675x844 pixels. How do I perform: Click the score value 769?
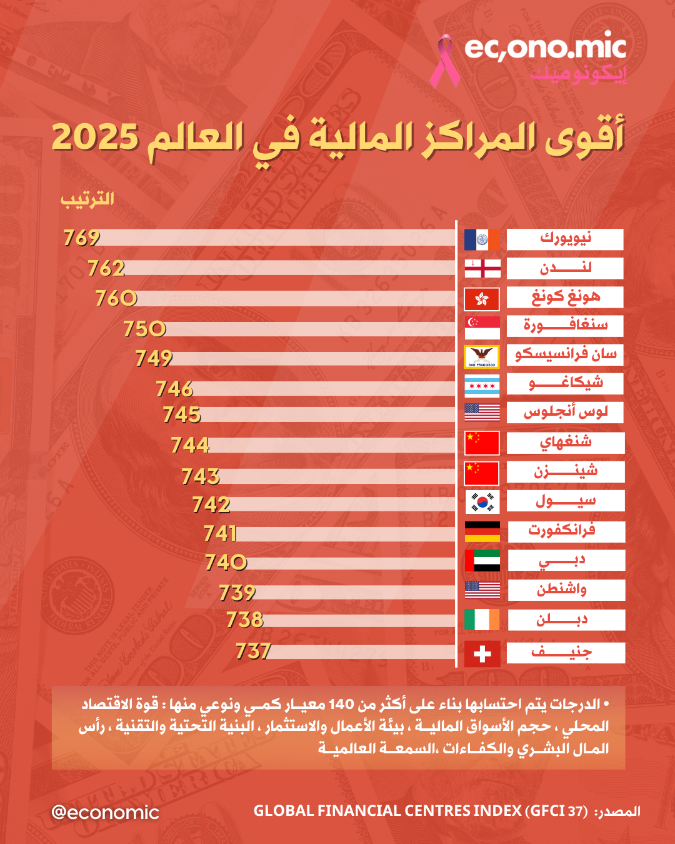[x=81, y=238]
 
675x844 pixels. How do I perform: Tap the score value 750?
[x=144, y=328]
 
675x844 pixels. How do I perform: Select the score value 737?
[x=253, y=651]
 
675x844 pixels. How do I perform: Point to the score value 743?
[x=201, y=476]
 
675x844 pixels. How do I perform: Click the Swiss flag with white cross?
[x=482, y=654]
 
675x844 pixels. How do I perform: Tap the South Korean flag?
[x=482, y=501]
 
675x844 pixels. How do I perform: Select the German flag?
[x=482, y=531]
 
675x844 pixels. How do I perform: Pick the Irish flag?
[x=482, y=620]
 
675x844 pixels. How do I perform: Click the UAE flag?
[x=482, y=560]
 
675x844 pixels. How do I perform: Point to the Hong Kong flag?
[x=482, y=299]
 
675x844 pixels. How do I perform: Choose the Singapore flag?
[x=482, y=327]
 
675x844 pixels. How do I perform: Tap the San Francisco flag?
[x=482, y=356]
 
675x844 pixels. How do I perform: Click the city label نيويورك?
[x=565, y=239]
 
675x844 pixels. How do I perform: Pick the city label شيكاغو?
[x=565, y=383]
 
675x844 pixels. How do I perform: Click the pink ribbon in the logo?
[x=444, y=61]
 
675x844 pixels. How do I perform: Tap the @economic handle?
[x=105, y=812]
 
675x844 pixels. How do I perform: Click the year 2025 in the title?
[x=95, y=137]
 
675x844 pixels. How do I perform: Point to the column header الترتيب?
[x=87, y=199]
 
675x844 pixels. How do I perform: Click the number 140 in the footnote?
[x=341, y=705]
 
